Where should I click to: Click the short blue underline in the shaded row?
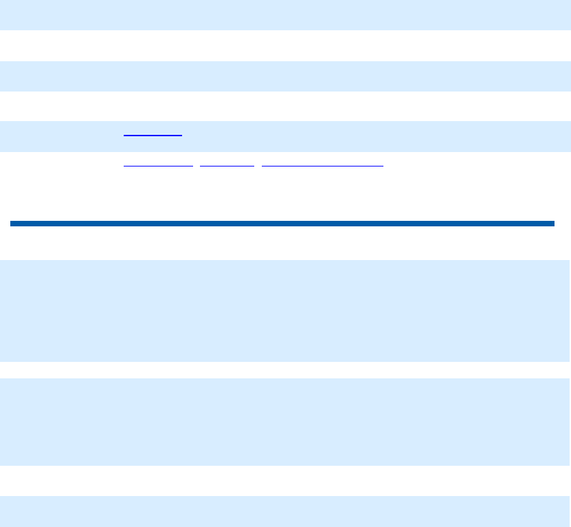153,136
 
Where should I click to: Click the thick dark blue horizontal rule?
282,224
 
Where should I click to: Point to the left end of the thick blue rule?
12,224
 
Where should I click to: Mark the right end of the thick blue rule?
552,224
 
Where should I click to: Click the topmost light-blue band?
285,14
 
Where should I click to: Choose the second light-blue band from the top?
285,76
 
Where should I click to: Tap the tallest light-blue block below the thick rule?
285,311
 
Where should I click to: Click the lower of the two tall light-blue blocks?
285,422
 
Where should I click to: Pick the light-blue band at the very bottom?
285,511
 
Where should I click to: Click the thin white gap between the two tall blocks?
285,370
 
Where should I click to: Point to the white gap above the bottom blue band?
285,481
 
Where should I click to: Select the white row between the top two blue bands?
285,45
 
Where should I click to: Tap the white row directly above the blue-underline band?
285,106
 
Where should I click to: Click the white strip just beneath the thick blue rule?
285,243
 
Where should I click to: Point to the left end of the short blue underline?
124,136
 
